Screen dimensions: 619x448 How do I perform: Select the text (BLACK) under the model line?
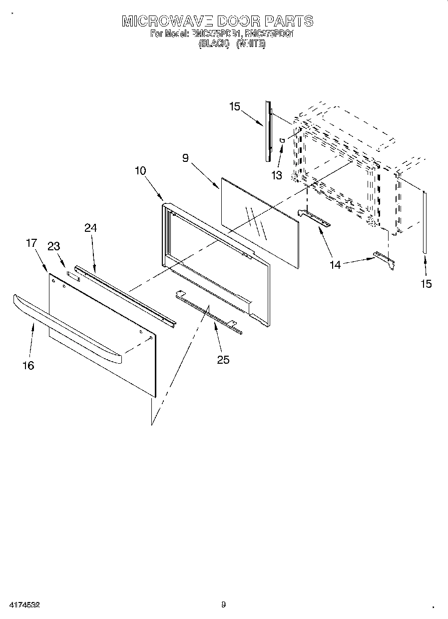(214, 44)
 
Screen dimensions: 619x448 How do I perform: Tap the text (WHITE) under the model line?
(251, 44)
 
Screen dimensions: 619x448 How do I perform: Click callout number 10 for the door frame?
(140, 170)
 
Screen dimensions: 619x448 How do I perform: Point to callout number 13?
(276, 175)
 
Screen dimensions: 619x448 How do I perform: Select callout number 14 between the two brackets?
(335, 265)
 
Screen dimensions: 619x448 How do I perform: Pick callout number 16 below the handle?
(28, 365)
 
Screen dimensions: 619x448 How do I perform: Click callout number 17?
(31, 243)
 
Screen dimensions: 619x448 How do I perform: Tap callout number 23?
(53, 246)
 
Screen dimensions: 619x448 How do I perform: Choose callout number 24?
(90, 228)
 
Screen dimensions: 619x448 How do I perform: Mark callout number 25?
(223, 359)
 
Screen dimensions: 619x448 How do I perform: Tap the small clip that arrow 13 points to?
(282, 140)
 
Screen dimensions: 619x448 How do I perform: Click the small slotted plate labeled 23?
(73, 274)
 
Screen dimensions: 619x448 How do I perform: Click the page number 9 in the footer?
(223, 605)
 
